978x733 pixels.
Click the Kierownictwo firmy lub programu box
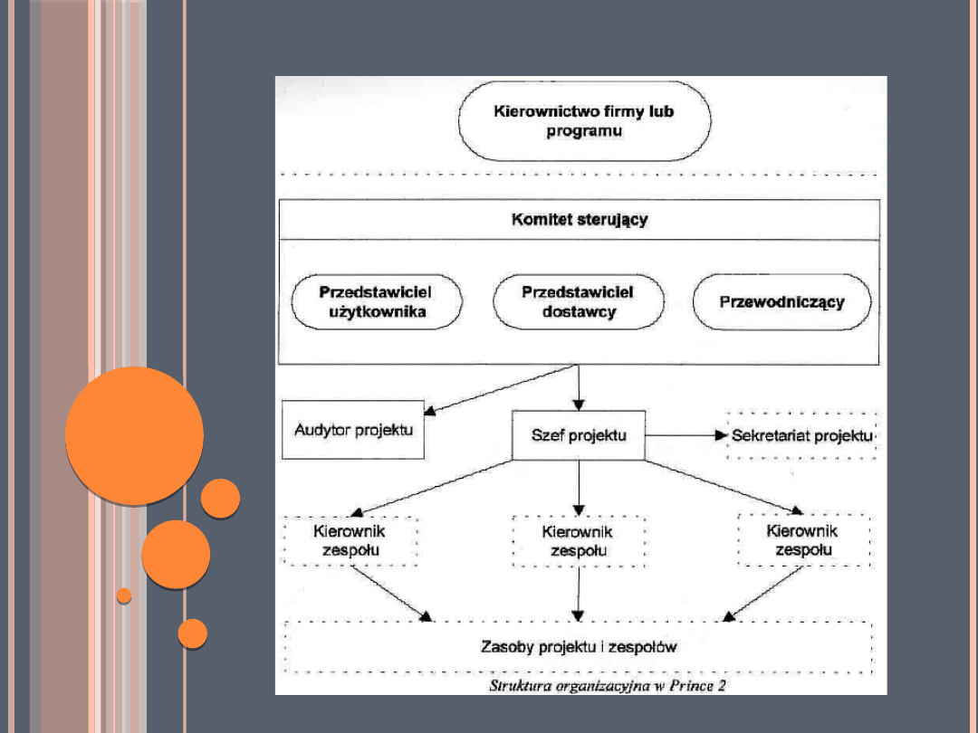pos(584,121)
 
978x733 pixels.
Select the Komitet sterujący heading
pos(580,220)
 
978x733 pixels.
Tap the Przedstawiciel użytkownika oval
pos(376,303)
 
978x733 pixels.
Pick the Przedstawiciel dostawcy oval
pos(579,302)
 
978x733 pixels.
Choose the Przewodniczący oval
pos(781,302)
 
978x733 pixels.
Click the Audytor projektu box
pos(353,430)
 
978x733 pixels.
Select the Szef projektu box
pos(579,435)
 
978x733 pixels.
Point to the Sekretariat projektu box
pos(801,435)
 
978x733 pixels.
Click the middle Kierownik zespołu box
pos(578,542)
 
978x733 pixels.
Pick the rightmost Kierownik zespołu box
pos(802,540)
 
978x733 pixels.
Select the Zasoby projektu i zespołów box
pos(579,647)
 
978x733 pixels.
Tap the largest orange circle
pos(134,435)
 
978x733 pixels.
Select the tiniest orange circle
pos(124,595)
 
